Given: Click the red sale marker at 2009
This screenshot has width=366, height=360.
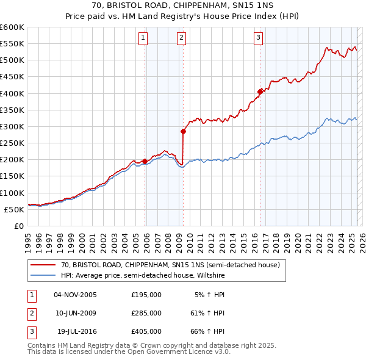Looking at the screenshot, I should pos(183,131).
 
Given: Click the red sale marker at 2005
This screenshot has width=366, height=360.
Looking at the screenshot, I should pos(145,161).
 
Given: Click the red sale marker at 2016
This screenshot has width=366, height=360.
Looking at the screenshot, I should pos(260,92).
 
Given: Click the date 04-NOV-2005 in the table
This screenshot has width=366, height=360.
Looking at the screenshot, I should pos(75,295).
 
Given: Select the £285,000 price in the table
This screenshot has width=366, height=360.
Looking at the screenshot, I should pos(146,313).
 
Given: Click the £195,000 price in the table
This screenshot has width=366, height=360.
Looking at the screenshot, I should pos(146,295).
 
